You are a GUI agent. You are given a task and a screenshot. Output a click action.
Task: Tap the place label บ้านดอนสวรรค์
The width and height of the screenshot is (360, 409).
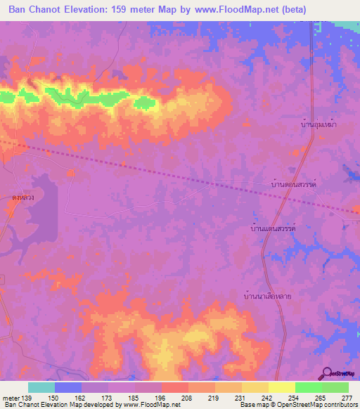pos(295,182)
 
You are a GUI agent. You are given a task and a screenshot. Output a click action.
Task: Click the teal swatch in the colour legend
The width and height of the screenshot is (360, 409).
pos(41,387)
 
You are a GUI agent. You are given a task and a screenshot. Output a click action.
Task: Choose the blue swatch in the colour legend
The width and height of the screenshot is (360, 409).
pos(68,387)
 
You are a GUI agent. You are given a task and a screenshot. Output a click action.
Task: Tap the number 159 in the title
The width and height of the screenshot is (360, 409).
pos(120,10)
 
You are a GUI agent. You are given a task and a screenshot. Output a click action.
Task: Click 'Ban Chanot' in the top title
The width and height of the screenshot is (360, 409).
pos(34,10)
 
